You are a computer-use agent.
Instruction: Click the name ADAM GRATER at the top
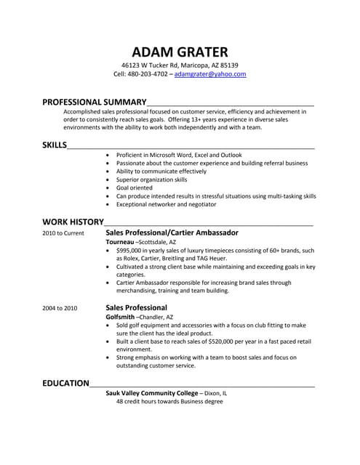[x=180, y=52]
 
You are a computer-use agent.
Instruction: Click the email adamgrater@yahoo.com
[x=210, y=74]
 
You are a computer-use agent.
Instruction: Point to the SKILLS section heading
[x=54, y=145]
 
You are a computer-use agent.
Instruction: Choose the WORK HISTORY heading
[x=73, y=220]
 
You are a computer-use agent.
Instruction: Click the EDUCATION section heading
[x=65, y=382]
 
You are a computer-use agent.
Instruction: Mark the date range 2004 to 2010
[x=60, y=308]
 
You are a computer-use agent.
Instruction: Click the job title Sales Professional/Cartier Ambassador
[x=172, y=232]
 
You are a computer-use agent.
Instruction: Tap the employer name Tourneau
[x=120, y=241]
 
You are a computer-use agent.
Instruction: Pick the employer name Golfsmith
[x=121, y=317]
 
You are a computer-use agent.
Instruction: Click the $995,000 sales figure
[x=131, y=250]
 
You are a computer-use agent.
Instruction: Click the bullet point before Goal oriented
[x=108, y=187]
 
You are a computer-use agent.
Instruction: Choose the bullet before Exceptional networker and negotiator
[x=108, y=204]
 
